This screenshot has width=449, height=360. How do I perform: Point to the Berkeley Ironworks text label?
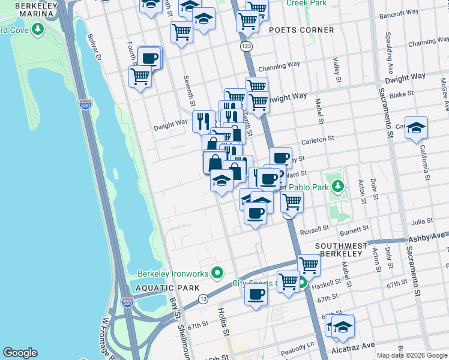(x=173, y=274)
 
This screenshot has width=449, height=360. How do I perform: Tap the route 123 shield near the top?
(x=246, y=46)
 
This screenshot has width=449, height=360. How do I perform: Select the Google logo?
(x=20, y=353)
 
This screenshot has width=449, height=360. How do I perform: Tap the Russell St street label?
(x=315, y=229)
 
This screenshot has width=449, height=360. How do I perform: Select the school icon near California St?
(x=416, y=128)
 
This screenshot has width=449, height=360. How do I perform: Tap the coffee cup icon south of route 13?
(x=256, y=295)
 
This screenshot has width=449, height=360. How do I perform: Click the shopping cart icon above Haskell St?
(x=309, y=263)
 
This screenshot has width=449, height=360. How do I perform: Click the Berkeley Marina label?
(x=28, y=10)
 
